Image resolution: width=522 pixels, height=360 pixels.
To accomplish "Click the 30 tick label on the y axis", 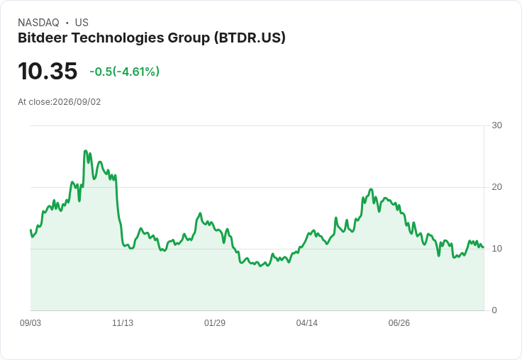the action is tap(496, 125).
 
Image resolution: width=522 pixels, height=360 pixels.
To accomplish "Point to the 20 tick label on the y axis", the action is tap(496, 187).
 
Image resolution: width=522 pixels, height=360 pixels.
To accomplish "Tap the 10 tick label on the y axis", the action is tap(496, 249).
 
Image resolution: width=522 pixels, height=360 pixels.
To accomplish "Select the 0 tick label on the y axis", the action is tap(494, 310).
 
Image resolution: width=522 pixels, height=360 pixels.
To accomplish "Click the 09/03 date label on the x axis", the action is tap(30, 322).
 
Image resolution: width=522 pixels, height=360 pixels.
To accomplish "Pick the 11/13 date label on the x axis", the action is tap(123, 322).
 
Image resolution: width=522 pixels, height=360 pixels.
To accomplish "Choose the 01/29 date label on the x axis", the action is tap(215, 322).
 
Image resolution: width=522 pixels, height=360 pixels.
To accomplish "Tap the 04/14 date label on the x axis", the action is tap(307, 322).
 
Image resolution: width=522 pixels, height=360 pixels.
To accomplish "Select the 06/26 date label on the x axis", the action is tap(399, 322).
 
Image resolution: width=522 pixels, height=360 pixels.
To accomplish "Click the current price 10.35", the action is tap(48, 71).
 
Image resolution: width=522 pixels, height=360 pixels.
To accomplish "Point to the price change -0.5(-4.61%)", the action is tap(125, 72).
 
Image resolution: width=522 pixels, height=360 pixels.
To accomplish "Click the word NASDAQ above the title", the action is tap(38, 23).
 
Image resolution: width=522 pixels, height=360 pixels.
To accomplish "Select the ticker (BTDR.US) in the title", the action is tap(250, 38).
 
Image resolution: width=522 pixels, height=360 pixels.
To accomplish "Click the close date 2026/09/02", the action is tap(77, 102).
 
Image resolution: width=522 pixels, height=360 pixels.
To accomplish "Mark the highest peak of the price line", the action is tap(85, 151).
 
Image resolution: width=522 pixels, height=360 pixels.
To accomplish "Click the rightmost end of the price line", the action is tap(483, 247).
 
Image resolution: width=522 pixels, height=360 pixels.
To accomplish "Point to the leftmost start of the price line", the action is tap(30, 230).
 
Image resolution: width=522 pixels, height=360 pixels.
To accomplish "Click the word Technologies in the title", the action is tap(118, 38).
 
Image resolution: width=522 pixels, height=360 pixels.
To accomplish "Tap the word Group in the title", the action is tap(189, 38).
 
